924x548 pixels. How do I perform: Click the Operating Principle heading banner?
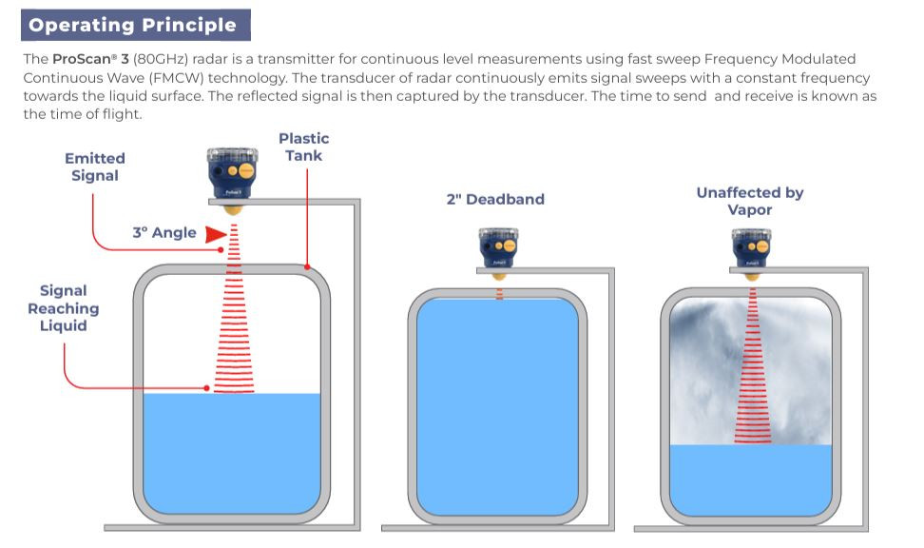coord(132,25)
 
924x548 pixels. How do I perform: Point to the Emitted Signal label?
coord(94,166)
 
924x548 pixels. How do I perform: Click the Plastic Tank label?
coord(303,147)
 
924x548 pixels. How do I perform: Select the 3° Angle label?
coord(164,232)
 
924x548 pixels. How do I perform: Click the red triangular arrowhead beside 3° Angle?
coord(217,233)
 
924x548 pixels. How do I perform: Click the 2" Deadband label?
coord(495,199)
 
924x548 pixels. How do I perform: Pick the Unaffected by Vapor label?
coord(749,201)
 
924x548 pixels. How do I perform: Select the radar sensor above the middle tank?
coord(499,249)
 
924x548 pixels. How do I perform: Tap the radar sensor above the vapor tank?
coord(751,249)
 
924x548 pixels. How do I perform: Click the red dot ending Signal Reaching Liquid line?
coord(206,387)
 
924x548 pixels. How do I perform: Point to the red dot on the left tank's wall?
coord(306,268)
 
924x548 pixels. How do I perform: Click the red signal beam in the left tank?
coord(234,323)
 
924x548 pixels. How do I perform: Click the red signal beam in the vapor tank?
coord(752,371)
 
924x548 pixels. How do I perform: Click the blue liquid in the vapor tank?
coord(751,480)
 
